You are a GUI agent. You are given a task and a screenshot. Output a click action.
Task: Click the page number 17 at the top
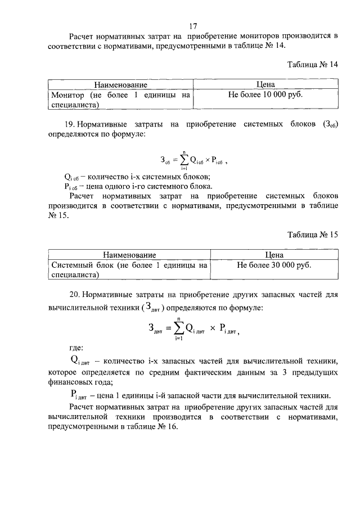192,26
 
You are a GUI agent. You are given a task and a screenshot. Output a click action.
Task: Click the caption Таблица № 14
312,65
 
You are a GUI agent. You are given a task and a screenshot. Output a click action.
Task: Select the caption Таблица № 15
312,235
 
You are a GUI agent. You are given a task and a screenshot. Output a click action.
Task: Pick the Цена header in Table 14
265,85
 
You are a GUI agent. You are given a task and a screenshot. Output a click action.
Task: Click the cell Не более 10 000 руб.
265,95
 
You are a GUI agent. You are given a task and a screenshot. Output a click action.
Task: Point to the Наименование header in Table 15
129,255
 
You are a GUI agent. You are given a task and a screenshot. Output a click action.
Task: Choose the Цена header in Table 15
274,255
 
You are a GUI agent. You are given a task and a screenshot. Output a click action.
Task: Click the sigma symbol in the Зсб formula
183,159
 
